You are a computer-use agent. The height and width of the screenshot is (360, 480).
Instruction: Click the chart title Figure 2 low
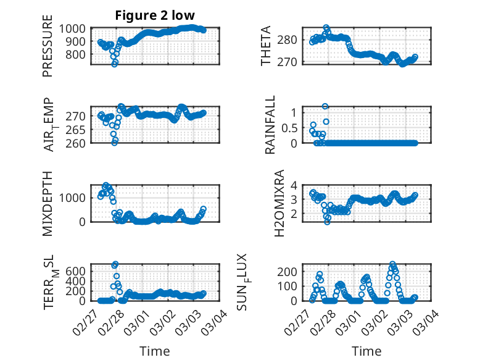(155, 16)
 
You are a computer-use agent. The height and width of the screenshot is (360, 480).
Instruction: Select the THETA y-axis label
(266, 47)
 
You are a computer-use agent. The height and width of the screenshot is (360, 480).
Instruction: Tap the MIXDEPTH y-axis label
(48, 204)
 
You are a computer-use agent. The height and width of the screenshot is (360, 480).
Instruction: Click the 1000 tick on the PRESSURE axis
(75, 28)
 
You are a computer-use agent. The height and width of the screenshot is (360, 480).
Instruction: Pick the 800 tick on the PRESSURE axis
(77, 54)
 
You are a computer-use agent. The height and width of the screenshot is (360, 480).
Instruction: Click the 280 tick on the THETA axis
(292, 40)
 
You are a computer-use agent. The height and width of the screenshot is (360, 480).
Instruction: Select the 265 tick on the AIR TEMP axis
(77, 130)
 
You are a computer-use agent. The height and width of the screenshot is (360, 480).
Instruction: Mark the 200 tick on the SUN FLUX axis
(292, 271)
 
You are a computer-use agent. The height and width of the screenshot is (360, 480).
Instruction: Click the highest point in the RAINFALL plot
(325, 106)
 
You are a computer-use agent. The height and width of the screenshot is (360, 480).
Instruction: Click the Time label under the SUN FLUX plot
(366, 351)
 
